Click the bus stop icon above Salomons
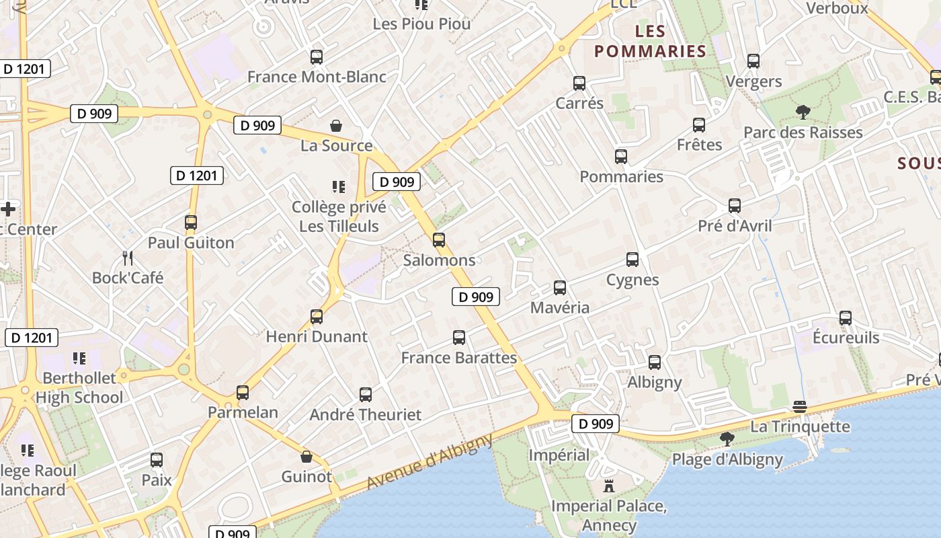pyautogui.click(x=439, y=239)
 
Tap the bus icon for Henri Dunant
pyautogui.click(x=317, y=316)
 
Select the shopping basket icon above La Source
pyautogui.click(x=335, y=126)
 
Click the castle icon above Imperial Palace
pyautogui.click(x=609, y=486)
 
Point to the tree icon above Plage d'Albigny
pyautogui.click(x=727, y=439)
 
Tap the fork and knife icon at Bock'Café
pyautogui.click(x=128, y=257)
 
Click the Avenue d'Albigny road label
pyautogui.click(x=430, y=461)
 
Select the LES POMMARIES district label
pyautogui.click(x=650, y=41)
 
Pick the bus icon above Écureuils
pyautogui.click(x=846, y=317)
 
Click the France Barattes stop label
pyautogui.click(x=459, y=358)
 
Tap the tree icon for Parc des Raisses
pyautogui.click(x=803, y=112)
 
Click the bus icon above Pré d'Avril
pyautogui.click(x=735, y=206)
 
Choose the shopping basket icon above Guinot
pyautogui.click(x=306, y=457)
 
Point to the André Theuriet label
pyautogui.click(x=366, y=414)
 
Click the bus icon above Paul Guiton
pyautogui.click(x=191, y=223)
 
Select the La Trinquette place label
pyautogui.click(x=800, y=426)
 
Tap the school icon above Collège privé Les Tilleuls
pyautogui.click(x=339, y=186)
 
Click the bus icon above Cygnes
pyautogui.click(x=632, y=260)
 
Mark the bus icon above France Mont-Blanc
pyautogui.click(x=317, y=57)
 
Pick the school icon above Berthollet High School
pyautogui.click(x=79, y=358)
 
